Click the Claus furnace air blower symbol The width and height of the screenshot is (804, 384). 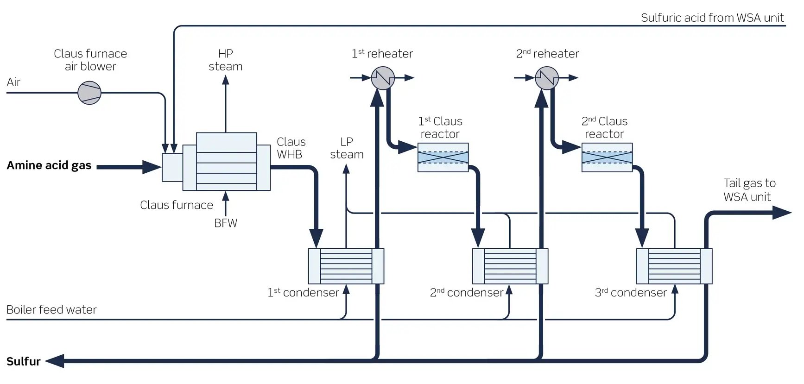[89, 93]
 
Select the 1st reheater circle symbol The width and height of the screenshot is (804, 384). [383, 78]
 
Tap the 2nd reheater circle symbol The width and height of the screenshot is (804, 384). [547, 78]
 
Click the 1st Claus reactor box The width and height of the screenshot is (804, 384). [443, 157]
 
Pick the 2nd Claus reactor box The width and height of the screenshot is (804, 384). [607, 157]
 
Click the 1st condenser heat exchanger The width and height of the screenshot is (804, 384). [346, 266]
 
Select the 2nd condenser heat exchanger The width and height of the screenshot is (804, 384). [510, 266]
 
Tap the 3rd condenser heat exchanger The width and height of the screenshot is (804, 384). [674, 266]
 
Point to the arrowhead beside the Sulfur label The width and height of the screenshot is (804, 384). [55, 361]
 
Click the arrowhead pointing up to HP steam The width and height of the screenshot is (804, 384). [226, 80]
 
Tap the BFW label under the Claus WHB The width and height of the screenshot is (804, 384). [226, 223]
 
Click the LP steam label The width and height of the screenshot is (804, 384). [347, 148]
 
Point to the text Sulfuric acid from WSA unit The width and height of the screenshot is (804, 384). [712, 18]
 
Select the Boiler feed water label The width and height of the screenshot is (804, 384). [51, 309]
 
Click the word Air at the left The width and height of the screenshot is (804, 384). [13, 82]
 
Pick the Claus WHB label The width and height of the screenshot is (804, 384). [291, 148]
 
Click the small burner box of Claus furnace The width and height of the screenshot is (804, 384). [172, 167]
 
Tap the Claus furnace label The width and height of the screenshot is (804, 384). [177, 205]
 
